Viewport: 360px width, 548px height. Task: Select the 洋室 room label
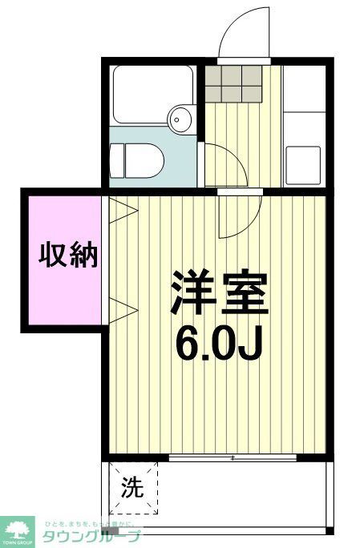coord(217,294)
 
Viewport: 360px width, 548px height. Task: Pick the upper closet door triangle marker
coord(122,210)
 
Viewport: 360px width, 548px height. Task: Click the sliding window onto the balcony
coord(233,457)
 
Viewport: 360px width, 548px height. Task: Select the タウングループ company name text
coord(91,536)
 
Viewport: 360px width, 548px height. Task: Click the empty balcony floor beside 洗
coord(241,493)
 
